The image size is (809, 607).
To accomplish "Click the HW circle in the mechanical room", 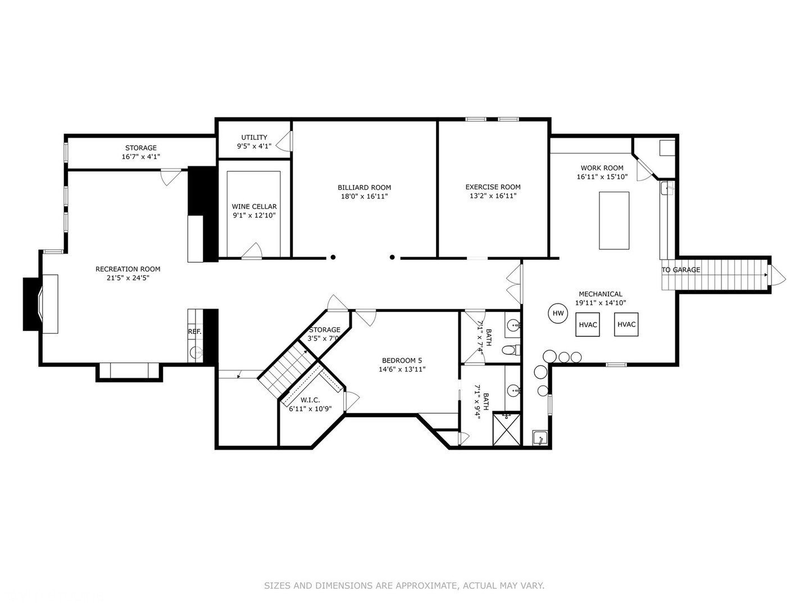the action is [558, 314].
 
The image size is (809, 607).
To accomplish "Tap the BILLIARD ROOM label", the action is [364, 188].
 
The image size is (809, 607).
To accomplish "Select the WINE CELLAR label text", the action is [254, 207].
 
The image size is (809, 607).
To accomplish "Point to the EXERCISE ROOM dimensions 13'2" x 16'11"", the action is [493, 196].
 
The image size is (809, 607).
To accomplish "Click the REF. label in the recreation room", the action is [194, 332].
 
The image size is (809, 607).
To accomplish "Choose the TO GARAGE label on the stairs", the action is [681, 270].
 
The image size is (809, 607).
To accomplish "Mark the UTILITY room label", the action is [254, 138].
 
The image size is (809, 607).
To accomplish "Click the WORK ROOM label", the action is [602, 168].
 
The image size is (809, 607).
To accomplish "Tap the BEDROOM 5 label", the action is [402, 360].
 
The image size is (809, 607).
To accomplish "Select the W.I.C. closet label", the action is [310, 400].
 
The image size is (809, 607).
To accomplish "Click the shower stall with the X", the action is [507, 429].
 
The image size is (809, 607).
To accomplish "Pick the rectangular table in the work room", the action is [614, 220].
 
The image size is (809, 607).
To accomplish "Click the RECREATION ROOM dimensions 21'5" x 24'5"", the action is [128, 278].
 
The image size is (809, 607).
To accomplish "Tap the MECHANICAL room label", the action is [601, 294].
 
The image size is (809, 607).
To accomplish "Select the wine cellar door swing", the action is [252, 251].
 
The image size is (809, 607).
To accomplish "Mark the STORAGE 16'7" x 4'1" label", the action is [141, 152].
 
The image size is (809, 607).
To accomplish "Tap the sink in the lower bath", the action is [513, 389].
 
